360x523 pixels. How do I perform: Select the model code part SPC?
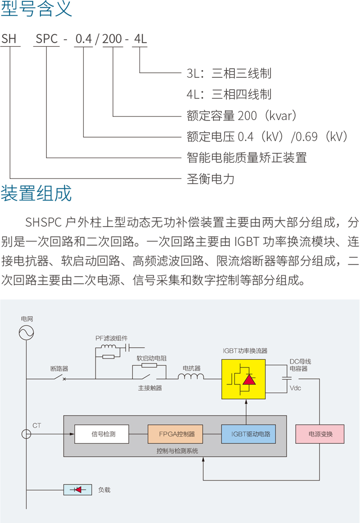coord(47,39)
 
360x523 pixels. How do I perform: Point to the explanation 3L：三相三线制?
coord(229,73)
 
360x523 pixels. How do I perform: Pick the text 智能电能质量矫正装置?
coord(247,158)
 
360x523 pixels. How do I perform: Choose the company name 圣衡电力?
coord(211,179)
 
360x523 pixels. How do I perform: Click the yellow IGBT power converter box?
coord(243,379)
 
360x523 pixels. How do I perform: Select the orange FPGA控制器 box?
coord(175,434)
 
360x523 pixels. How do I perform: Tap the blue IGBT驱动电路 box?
coord(248,434)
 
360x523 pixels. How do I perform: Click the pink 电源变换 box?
coord(320,434)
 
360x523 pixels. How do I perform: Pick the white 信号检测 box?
coord(102,434)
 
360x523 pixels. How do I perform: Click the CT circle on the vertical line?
coord(27,434)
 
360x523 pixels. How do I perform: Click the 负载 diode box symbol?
coord(78,490)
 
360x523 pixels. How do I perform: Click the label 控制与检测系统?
coord(177,451)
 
